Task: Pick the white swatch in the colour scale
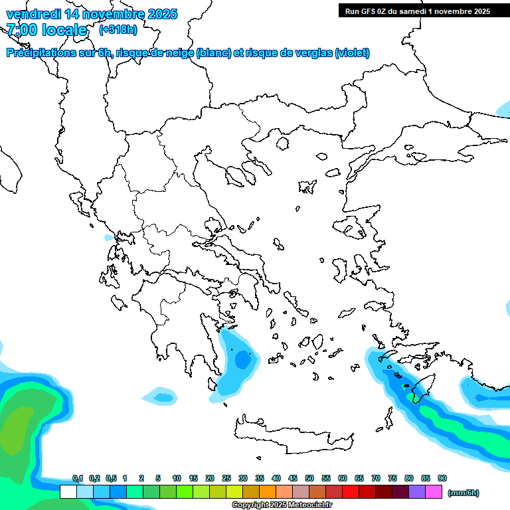pos(68,492)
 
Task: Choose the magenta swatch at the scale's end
pos(434,492)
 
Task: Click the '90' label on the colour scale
pos(442,478)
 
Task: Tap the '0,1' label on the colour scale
pos(77,478)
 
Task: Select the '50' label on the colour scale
pos(309,478)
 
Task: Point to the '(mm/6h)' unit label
pos(464,493)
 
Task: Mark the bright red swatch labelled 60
pos(351,492)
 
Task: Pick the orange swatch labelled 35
pos(268,492)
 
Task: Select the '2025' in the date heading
pos(159,14)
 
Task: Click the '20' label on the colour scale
pos(210,478)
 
